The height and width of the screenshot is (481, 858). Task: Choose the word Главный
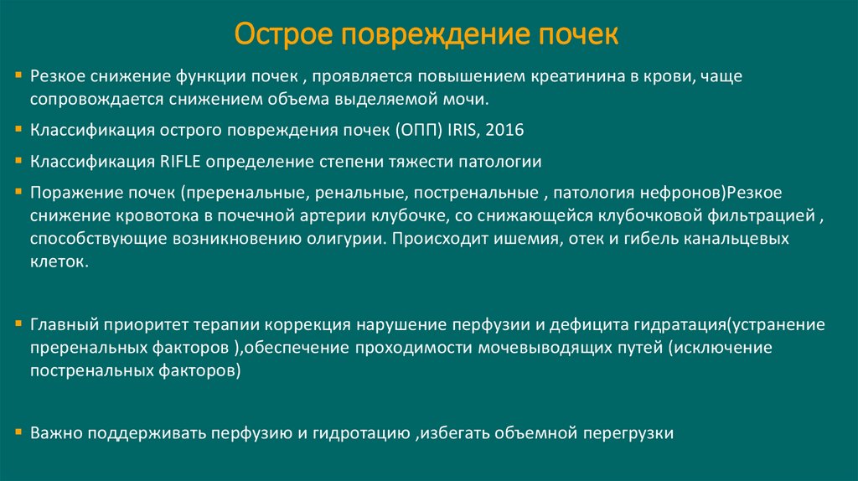point(65,324)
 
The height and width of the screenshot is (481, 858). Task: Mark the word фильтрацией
point(762,215)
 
